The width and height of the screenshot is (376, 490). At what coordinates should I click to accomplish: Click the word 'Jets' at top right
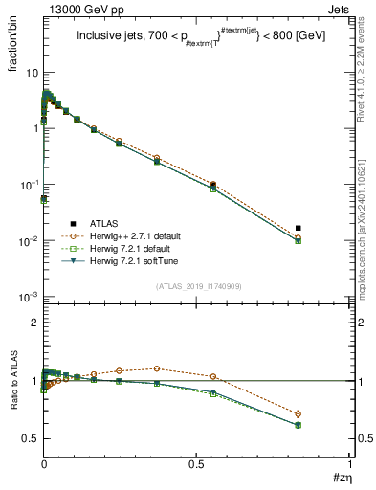(339, 9)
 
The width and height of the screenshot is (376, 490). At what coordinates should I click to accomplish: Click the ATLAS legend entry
(94, 219)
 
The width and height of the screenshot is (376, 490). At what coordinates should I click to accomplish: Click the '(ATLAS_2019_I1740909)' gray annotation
(197, 286)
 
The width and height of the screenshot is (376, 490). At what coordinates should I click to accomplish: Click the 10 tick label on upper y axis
(32, 73)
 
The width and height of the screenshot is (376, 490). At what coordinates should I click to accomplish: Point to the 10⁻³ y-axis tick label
(30, 297)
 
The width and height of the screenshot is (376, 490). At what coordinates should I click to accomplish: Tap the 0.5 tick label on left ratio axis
(30, 438)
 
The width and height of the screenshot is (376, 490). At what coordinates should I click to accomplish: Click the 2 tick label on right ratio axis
(358, 323)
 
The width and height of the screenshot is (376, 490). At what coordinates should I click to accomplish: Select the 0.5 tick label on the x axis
(196, 463)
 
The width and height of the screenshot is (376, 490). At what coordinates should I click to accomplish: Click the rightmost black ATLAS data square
(299, 228)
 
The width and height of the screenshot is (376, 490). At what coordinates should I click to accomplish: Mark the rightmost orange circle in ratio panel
(299, 413)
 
